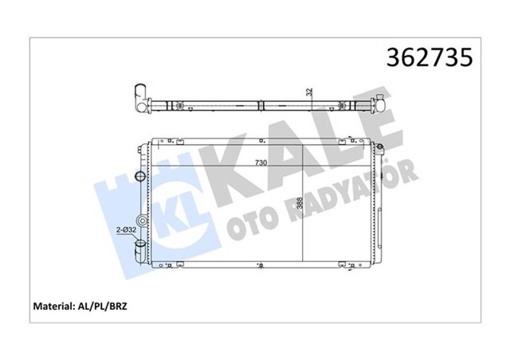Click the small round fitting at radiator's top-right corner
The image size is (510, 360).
pos(381,146)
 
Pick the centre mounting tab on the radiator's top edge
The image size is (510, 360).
pos(261,141)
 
